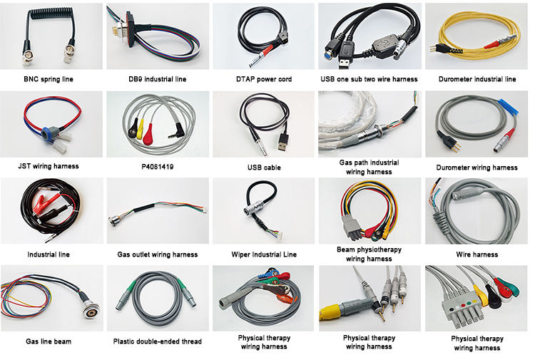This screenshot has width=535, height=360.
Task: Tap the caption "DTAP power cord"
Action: (263, 79)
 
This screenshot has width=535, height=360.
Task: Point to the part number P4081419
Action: (156, 168)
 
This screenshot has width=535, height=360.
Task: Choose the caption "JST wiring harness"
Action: (49, 167)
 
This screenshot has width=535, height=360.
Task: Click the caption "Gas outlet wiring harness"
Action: (157, 255)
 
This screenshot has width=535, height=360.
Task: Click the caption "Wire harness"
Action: (477, 254)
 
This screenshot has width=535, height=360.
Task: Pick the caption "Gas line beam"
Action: (49, 342)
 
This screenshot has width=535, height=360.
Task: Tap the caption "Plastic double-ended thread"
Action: (157, 342)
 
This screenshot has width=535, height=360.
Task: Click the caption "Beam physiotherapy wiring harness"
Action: (369, 254)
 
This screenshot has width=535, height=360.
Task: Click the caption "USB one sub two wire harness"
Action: (369, 79)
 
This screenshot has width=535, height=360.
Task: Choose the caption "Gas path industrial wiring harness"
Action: (369, 167)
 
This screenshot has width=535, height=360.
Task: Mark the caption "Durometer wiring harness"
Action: (477, 168)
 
